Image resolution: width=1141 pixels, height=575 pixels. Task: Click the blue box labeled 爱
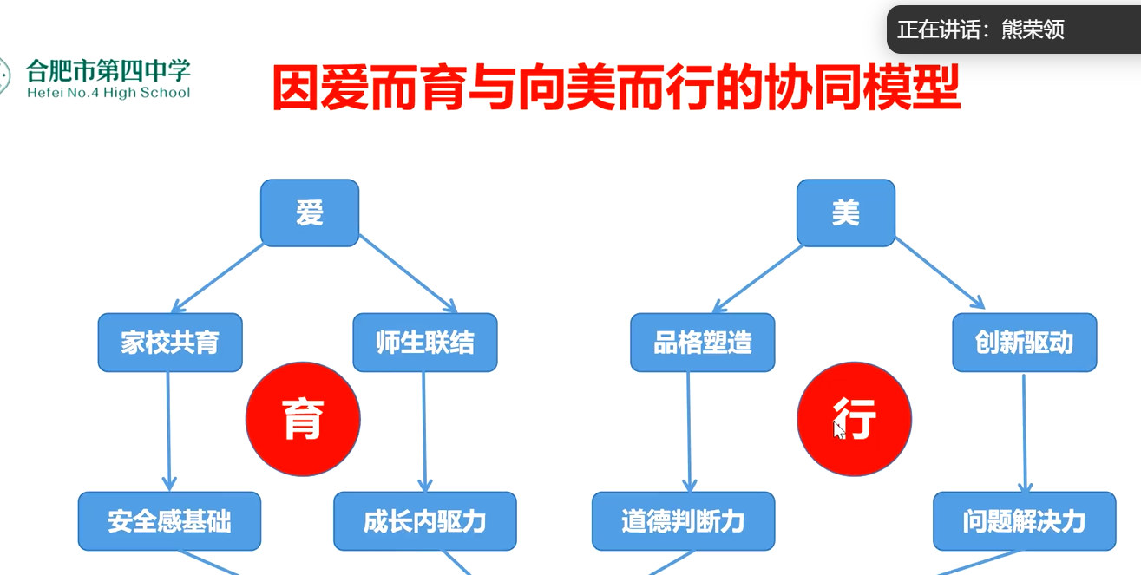pos(310,212)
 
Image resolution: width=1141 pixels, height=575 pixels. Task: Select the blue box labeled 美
pos(846,212)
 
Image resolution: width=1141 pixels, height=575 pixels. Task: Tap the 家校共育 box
pos(170,343)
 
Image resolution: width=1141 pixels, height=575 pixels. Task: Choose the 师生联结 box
pos(425,343)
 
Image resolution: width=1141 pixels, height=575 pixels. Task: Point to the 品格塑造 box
pos(703,343)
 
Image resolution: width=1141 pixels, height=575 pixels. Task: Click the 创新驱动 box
pos(1025,343)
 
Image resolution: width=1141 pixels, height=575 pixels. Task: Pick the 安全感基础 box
pos(169,521)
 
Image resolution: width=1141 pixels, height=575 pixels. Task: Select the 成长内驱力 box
pos(425,521)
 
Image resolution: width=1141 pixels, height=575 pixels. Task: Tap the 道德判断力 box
pos(684,521)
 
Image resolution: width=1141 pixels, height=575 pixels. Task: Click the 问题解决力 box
pos(1025,521)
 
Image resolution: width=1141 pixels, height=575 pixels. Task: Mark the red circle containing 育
pos(303,419)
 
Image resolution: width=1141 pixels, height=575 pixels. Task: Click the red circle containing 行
pos(854,419)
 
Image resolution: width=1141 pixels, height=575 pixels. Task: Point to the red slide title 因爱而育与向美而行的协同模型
pos(616,87)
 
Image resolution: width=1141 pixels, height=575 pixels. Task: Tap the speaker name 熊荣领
pos(1033,29)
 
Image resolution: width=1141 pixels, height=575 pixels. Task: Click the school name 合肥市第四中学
pos(108,70)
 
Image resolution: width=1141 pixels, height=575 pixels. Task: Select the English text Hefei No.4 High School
pos(108,93)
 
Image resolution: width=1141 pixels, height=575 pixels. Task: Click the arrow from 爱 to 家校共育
pos(218,278)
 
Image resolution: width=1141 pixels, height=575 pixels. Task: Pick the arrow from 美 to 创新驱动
pos(941,273)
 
